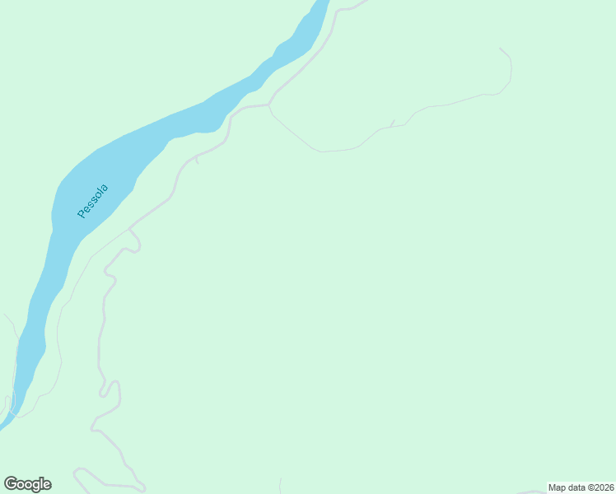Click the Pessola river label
tap(92, 201)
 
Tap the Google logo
tap(27, 484)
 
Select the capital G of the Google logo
tap(11, 484)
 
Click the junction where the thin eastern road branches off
tap(269, 105)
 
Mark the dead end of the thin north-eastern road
tap(500, 48)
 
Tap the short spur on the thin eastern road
tap(393, 123)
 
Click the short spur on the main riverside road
tap(197, 161)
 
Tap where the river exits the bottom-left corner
tap(3, 425)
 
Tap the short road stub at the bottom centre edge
tap(281, 485)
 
